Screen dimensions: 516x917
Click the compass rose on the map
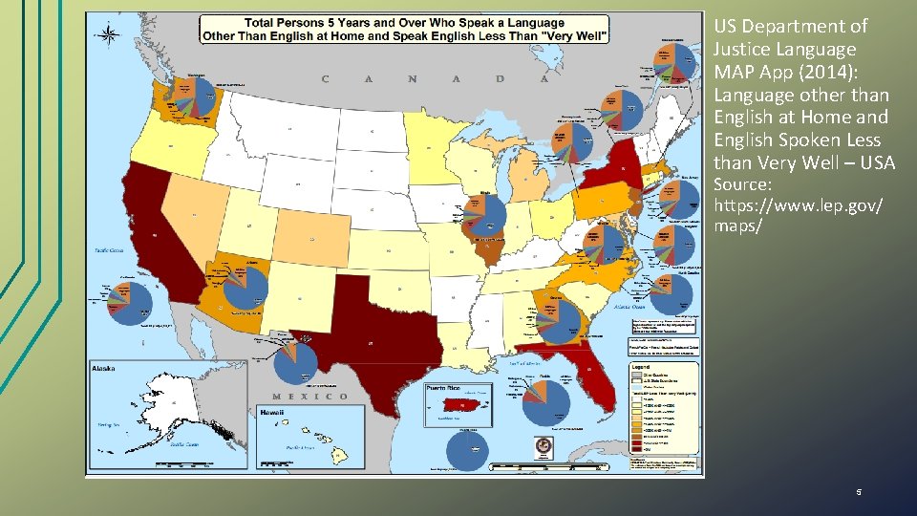point(109,35)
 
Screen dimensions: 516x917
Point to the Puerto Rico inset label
point(442,388)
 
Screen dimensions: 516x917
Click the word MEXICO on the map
point(310,397)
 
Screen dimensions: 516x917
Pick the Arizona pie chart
point(245,287)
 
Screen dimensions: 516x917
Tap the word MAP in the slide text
point(736,73)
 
